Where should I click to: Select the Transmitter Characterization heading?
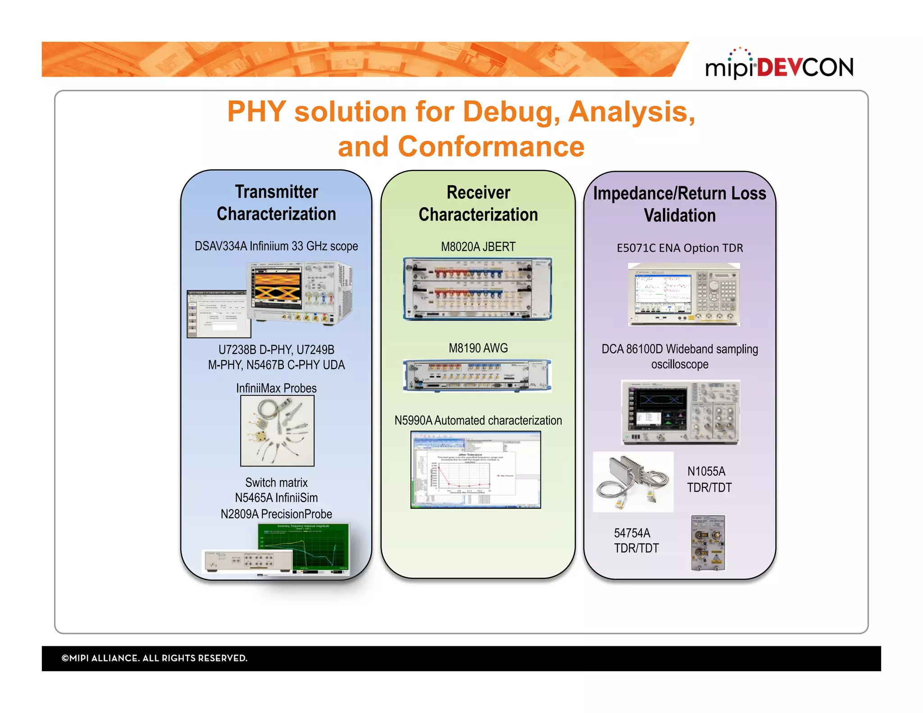click(276, 203)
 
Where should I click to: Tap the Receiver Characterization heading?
click(478, 204)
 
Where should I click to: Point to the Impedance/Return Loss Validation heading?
click(680, 204)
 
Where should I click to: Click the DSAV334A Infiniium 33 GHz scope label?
click(276, 246)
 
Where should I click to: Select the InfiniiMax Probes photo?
click(277, 431)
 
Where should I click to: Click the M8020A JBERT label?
click(478, 247)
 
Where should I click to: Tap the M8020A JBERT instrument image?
click(477, 289)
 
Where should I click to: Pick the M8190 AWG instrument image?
click(477, 376)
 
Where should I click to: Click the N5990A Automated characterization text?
click(478, 420)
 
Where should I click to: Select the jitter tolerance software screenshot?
click(475, 470)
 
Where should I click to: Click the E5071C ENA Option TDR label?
click(680, 248)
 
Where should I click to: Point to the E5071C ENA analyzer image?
click(684, 294)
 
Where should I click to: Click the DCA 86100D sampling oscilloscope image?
click(681, 412)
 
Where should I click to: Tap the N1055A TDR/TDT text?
click(709, 480)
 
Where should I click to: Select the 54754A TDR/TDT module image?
click(708, 543)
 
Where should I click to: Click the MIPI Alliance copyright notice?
click(155, 658)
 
